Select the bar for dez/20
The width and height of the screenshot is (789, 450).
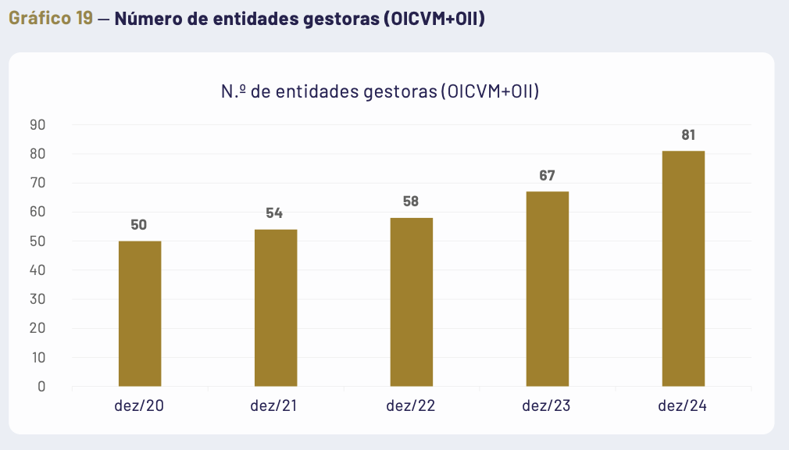(x=140, y=313)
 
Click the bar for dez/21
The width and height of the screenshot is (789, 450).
(x=276, y=308)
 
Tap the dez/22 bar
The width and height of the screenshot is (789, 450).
(x=412, y=302)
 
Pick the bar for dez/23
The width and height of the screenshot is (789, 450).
(x=547, y=288)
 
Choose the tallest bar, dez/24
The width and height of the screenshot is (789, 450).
(x=684, y=268)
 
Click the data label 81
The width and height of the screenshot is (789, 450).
(x=688, y=135)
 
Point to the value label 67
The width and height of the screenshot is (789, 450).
(x=547, y=176)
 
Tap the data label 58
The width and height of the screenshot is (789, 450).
(x=411, y=202)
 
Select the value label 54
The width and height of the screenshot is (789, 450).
(x=274, y=213)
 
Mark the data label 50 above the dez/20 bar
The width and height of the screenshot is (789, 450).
(x=138, y=225)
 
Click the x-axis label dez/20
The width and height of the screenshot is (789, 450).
(x=140, y=406)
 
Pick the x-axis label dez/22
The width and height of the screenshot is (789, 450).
(x=411, y=406)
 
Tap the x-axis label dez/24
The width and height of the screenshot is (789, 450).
(x=683, y=406)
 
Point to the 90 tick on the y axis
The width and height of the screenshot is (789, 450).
(x=38, y=125)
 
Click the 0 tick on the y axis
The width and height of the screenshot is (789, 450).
(x=41, y=387)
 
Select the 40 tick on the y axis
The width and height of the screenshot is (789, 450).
(x=38, y=270)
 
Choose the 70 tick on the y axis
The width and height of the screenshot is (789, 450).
(x=38, y=183)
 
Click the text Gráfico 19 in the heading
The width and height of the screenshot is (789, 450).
(x=51, y=18)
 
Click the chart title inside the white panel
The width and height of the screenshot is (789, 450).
(x=380, y=91)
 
